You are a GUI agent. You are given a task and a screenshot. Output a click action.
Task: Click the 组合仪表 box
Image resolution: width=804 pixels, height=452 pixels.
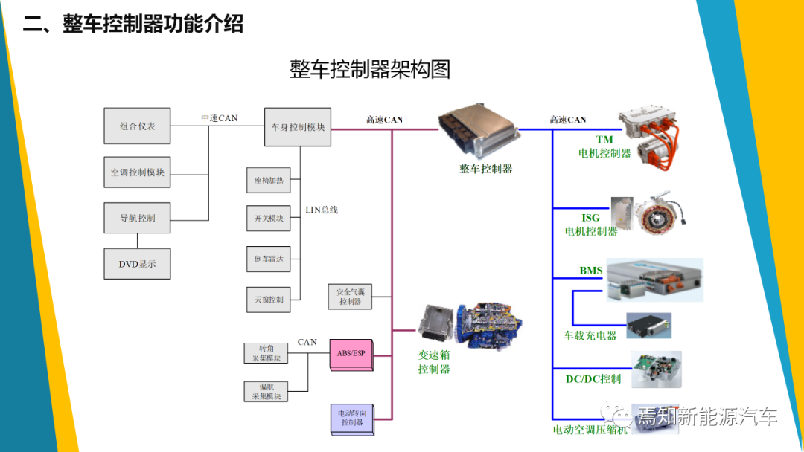[x=138, y=126]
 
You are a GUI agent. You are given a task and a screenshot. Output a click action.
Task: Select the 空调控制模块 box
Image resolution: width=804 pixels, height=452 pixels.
[x=138, y=172]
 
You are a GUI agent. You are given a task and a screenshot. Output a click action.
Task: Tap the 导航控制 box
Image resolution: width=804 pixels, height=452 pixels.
[x=138, y=218]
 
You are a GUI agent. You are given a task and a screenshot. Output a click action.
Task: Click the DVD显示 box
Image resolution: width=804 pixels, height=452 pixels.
[x=138, y=264]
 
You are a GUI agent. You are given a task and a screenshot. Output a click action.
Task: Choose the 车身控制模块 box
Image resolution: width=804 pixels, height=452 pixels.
[x=298, y=127]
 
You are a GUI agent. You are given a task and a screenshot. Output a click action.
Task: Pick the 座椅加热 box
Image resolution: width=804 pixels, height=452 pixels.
[x=269, y=181]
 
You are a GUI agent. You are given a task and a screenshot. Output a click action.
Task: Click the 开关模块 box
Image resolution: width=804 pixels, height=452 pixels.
[x=269, y=219]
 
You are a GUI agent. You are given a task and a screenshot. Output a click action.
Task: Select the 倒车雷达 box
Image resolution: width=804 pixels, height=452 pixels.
[x=269, y=259]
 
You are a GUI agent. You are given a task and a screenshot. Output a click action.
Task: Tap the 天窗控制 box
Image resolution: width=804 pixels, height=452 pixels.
[x=269, y=300]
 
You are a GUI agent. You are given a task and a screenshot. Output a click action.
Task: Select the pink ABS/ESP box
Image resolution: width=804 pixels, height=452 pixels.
[x=351, y=354]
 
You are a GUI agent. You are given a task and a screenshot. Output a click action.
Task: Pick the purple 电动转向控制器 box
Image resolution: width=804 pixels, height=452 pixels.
[x=351, y=418]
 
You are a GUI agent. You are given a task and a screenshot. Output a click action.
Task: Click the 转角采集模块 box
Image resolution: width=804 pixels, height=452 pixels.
[x=267, y=353]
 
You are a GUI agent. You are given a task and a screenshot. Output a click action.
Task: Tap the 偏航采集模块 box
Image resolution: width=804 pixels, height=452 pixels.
[x=267, y=392]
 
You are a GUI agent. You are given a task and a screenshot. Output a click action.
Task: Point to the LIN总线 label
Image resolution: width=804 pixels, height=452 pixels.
[x=322, y=210]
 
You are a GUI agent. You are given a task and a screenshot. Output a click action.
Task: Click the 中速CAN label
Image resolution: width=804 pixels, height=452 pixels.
[x=220, y=118]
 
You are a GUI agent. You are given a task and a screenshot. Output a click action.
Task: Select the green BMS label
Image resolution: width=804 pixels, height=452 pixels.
[x=591, y=271]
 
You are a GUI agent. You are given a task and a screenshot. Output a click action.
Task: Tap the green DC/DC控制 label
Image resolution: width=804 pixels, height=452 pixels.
[x=593, y=379]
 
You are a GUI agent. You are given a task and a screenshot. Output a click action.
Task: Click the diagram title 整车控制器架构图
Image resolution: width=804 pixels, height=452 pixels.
[x=370, y=70]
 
